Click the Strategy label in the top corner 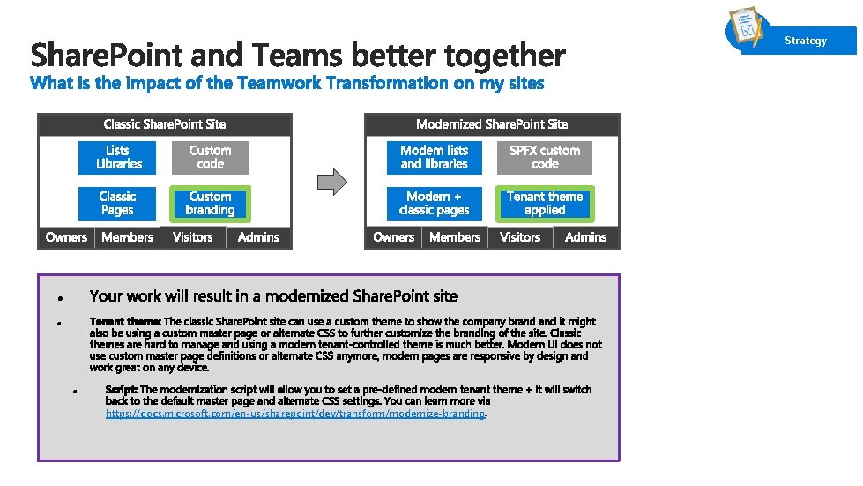tap(806, 41)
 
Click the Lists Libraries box tap(118, 158)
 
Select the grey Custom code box tap(210, 158)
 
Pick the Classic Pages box tap(117, 204)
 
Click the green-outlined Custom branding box tap(210, 204)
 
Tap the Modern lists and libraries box tap(434, 158)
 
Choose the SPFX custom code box tap(544, 158)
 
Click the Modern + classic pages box tap(434, 204)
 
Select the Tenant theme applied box tap(544, 204)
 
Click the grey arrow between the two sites tap(331, 181)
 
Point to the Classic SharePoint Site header tap(164, 124)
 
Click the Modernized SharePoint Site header tap(492, 124)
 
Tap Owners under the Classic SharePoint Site tap(66, 237)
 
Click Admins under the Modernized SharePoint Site tap(585, 237)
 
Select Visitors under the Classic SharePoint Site tap(192, 237)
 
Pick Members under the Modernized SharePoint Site tap(455, 237)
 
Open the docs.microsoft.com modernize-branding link tap(295, 414)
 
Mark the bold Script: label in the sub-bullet tap(121, 390)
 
